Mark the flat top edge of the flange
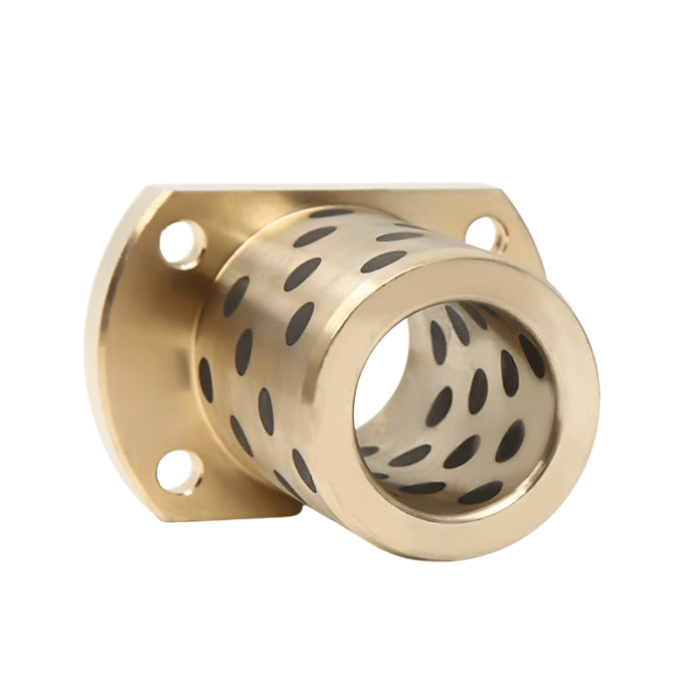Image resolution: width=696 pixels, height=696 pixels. pos(328,186)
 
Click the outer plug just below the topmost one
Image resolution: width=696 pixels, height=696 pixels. pos(315,237)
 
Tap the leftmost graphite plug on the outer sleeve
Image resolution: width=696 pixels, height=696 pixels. pos(206,379)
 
